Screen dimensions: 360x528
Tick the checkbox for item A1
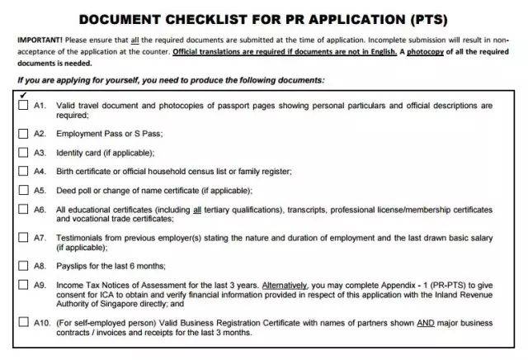[21, 106]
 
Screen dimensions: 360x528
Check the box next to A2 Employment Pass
[21, 134]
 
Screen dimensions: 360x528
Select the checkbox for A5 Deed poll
[21, 189]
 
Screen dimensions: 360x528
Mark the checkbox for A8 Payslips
[21, 265]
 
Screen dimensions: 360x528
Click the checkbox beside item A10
[21, 322]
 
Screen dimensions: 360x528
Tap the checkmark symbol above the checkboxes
[21, 94]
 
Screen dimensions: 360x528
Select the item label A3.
[40, 153]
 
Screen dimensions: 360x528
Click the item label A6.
[40, 210]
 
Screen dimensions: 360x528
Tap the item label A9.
[40, 284]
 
